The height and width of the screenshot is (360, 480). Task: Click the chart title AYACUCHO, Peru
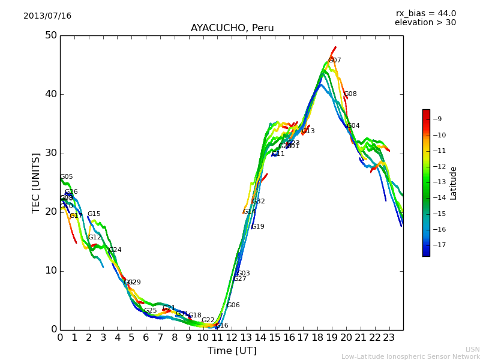(x=232, y=28)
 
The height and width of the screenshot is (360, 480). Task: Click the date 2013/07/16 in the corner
(x=47, y=16)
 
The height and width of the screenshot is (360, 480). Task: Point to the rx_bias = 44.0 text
(x=426, y=14)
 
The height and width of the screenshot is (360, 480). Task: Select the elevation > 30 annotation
(x=425, y=23)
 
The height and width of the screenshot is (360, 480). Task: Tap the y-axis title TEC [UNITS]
(x=37, y=182)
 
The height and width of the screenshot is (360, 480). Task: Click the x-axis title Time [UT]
(x=232, y=351)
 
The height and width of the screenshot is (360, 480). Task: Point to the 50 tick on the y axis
(x=51, y=35)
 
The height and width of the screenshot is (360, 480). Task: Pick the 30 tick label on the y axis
(x=51, y=153)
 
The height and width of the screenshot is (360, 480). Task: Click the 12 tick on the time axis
(x=232, y=338)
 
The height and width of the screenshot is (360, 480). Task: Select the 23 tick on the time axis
(x=389, y=338)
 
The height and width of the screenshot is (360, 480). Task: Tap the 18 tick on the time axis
(x=318, y=338)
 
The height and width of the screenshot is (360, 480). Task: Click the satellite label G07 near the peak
(x=335, y=61)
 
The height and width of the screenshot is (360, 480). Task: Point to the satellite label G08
(x=350, y=94)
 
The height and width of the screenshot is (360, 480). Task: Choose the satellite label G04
(x=353, y=126)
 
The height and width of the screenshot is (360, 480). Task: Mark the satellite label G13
(x=308, y=131)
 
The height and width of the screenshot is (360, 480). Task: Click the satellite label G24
(x=115, y=250)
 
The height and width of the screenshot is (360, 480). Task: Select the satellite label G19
(x=258, y=227)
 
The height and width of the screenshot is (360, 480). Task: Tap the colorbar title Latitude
(x=454, y=183)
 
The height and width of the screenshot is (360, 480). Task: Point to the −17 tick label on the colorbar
(x=439, y=245)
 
